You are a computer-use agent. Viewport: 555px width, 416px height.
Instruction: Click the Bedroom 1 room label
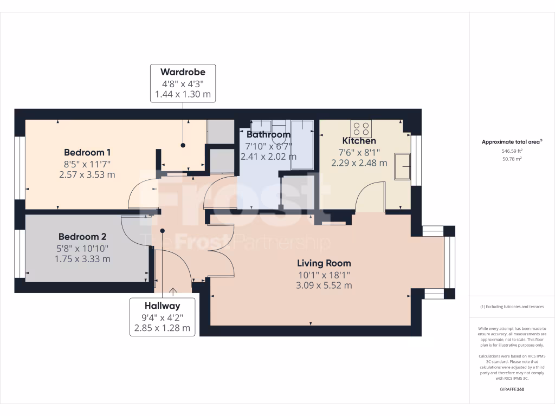pos(87,152)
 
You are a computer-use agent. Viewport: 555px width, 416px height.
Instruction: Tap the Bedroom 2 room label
pos(82,237)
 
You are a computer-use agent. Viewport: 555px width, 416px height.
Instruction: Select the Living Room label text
pos(324,263)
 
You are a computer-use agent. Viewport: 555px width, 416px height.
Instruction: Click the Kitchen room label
pos(359,141)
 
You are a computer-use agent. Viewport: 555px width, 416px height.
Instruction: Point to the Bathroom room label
pos(268,134)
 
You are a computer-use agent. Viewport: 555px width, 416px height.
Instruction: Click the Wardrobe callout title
pos(183,72)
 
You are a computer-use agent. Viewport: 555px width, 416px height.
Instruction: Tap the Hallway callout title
pos(162,306)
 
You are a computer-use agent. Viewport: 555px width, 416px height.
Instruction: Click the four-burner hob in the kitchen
pos(361,129)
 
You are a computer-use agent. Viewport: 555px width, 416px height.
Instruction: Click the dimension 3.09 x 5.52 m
pos(324,285)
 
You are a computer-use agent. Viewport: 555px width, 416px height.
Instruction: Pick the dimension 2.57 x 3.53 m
pos(87,174)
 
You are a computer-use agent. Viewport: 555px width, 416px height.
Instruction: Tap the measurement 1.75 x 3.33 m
pos(82,259)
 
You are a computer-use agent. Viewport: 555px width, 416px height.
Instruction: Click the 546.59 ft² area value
pos(512,151)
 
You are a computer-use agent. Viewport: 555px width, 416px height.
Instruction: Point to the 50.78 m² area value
pos(512,159)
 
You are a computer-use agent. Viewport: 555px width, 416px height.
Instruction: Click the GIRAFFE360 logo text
pos(512,389)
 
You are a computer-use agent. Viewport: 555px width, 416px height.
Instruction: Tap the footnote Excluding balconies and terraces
pos(512,307)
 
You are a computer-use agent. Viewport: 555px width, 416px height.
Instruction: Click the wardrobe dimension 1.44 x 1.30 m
pos(183,94)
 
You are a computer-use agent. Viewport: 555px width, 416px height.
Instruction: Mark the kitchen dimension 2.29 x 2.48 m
pos(359,162)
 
